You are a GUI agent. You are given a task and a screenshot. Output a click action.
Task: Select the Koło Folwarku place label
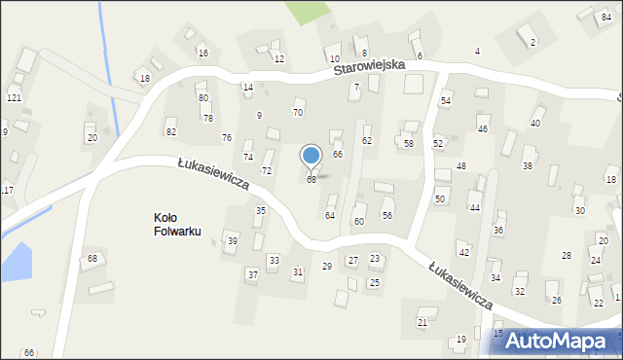point(176,225)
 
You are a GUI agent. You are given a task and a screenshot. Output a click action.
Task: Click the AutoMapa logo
point(560,342)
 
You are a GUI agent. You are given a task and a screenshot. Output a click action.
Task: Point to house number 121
point(14,99)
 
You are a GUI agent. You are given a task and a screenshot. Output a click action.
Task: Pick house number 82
point(171,131)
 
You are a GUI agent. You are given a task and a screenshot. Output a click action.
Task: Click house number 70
point(298,113)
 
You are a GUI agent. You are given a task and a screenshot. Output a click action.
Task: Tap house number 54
point(446,101)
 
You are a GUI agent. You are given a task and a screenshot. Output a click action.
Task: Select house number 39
point(232,240)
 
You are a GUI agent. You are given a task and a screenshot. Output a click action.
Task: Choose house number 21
point(422,322)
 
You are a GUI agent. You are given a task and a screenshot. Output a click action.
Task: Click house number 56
point(387,215)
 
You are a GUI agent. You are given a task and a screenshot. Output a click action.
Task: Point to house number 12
point(278,59)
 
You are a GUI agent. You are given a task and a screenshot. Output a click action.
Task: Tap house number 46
point(482,128)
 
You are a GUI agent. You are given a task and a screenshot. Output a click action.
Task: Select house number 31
point(298,271)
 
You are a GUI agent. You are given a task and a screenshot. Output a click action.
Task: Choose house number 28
point(566,255)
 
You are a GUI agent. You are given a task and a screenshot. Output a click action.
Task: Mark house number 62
point(367,141)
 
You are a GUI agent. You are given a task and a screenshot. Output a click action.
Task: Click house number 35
point(260,211)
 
